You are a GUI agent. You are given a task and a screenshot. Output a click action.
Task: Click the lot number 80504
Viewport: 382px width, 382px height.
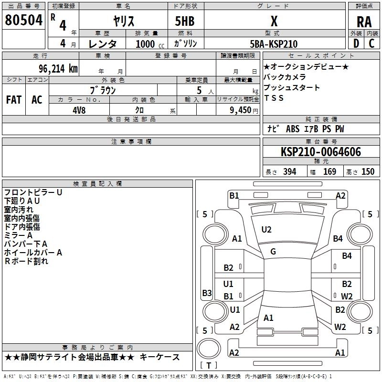click(x=23, y=20)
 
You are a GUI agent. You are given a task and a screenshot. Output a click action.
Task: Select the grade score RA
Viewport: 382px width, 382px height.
click(x=364, y=22)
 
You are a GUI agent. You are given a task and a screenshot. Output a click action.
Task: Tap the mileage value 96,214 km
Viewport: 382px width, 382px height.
click(x=58, y=69)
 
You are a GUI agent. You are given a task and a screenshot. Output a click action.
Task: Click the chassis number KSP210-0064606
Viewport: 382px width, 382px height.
click(x=321, y=151)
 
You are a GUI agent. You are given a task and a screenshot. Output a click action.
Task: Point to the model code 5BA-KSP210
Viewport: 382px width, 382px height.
click(x=274, y=44)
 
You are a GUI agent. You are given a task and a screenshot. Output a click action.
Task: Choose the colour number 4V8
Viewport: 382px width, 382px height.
click(x=79, y=110)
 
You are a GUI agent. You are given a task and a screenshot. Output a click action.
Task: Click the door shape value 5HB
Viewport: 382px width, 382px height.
click(x=185, y=21)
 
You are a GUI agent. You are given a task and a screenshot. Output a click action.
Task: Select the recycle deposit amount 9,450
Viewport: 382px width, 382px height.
click(x=241, y=110)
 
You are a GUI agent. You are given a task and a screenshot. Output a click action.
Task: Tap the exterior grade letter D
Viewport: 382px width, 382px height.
click(x=356, y=43)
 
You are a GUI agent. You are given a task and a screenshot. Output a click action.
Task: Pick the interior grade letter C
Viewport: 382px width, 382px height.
click(x=371, y=43)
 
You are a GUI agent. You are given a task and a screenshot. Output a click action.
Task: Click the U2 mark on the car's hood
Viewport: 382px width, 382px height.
click(x=266, y=230)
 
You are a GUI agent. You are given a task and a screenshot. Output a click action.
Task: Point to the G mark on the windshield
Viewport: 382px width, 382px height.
click(x=273, y=251)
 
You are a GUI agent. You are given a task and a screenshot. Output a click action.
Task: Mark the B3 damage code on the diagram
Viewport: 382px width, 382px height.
click(x=207, y=293)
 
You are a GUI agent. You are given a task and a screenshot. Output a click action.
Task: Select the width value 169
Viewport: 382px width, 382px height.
click(x=329, y=171)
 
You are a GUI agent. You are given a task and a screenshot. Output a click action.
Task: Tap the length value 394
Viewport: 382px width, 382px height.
click(x=290, y=171)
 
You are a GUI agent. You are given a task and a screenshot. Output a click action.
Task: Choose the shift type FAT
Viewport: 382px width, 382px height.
click(x=14, y=100)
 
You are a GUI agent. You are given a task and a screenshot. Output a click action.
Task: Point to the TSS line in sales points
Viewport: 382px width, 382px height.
click(x=274, y=98)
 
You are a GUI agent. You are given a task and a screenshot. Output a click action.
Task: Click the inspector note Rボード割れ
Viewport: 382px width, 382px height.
click(x=26, y=261)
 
